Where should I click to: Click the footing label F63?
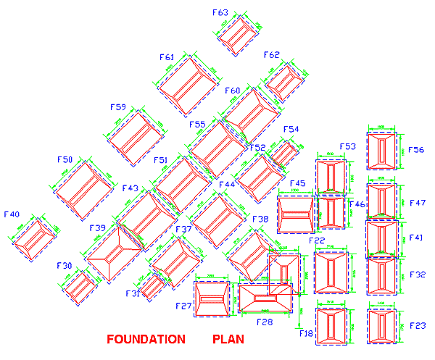pos(220,12)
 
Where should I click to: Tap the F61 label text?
pos(167,56)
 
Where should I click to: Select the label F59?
pos(118,107)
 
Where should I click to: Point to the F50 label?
pos(65,159)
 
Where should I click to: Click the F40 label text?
pos(12,214)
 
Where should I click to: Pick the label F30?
pos(65,266)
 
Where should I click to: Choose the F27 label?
pos(183,306)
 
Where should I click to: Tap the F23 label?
pos(417,326)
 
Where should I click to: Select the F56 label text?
pos(416,150)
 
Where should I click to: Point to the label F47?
pos(417,203)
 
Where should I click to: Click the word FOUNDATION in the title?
pos(146,339)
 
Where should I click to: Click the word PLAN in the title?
pos(228,339)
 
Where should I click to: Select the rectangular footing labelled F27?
pos(212,298)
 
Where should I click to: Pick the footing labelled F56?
pos(382,151)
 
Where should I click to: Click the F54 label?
pos(291,130)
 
